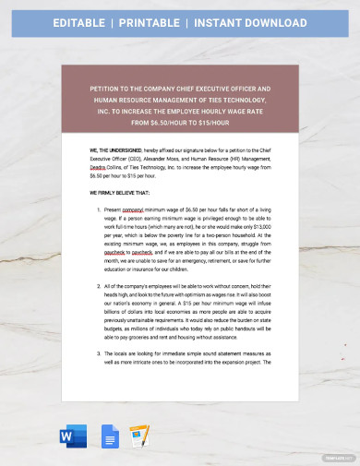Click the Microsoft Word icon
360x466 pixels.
pyautogui.click(x=72, y=436)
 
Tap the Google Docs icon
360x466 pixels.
pyautogui.click(x=107, y=436)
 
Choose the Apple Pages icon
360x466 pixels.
pyautogui.click(x=140, y=436)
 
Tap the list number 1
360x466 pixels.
pyautogui.click(x=99, y=211)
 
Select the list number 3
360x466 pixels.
pyautogui.click(x=99, y=379)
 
